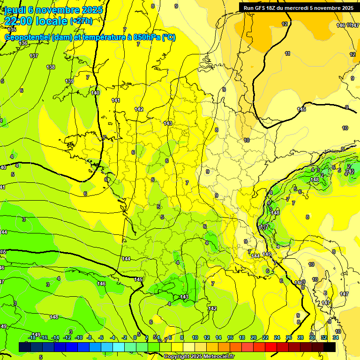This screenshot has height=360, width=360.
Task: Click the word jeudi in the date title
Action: coord(14,10)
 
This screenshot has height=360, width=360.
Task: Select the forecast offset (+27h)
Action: coord(81,21)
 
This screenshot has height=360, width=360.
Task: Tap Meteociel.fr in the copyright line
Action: coord(220,357)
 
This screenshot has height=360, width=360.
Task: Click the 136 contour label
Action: coord(23,43)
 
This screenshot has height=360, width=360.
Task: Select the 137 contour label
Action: coord(34,56)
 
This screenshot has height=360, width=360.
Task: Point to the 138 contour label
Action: coord(51,67)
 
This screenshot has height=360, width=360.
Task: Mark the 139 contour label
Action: coord(69,82)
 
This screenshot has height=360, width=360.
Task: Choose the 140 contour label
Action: coord(96,93)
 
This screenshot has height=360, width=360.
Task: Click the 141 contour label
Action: coord(116,101)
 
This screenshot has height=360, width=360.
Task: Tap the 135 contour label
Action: coord(12,30)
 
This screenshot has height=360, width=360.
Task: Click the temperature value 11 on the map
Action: coord(287,54)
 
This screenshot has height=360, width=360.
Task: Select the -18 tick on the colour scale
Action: coord(32,337)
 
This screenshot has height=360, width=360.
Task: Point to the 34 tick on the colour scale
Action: coord(336,337)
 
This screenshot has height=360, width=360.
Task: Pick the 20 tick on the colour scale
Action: coord(254,337)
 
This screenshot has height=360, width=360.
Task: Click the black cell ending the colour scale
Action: coord(330,347)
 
